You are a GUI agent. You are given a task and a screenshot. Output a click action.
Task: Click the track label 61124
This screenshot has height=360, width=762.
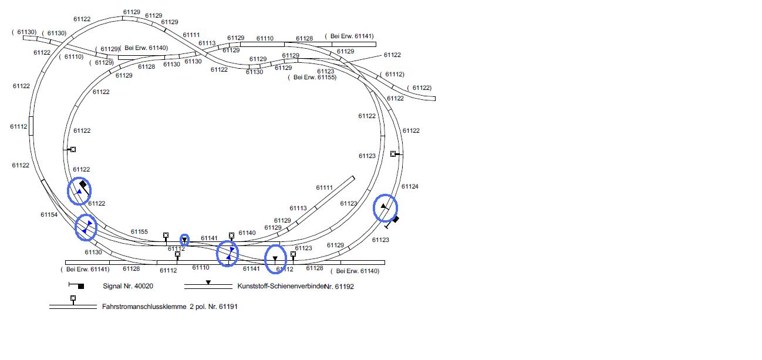coord(410,187)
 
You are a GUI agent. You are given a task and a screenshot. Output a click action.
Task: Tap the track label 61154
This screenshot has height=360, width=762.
coord(49,215)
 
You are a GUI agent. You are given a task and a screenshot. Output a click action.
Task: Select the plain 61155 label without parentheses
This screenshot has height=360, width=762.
coord(139,232)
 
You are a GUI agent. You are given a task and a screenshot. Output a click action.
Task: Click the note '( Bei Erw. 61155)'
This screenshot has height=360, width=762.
coord(312,78)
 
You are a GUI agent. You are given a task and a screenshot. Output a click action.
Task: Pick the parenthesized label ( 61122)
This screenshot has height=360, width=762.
coord(419,88)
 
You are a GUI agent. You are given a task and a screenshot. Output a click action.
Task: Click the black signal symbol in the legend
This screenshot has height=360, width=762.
coord(80,286)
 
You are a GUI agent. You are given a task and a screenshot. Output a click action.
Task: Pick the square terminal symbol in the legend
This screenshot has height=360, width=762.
coord(73,298)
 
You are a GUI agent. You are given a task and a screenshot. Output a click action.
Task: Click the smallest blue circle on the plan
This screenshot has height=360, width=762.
coord(184,240)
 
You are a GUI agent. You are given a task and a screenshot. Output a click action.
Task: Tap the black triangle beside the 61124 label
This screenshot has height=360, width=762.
coord(383,206)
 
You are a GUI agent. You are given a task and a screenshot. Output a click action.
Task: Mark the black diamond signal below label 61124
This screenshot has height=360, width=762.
coord(396,220)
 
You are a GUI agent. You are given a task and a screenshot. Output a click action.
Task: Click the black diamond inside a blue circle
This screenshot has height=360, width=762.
coord(83,184)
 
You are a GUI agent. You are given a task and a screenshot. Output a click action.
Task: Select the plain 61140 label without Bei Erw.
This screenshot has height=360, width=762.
coord(247,233)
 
